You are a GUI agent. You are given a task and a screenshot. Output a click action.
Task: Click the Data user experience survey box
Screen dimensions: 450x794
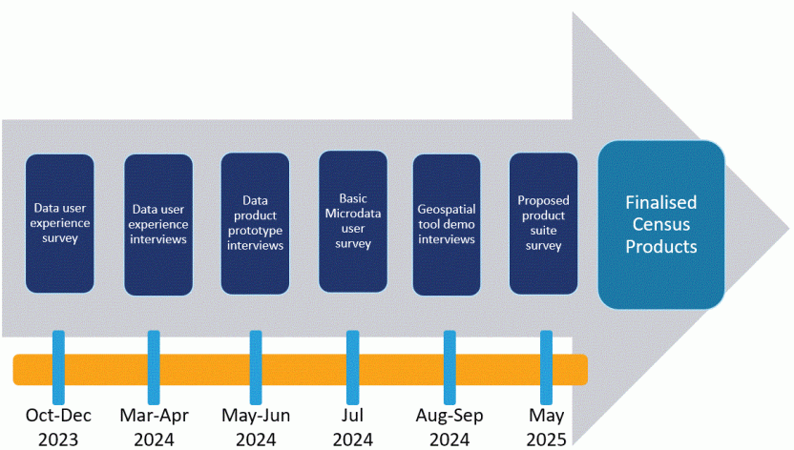pos(59,224)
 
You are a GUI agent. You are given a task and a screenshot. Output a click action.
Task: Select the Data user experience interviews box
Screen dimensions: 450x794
pos(158,224)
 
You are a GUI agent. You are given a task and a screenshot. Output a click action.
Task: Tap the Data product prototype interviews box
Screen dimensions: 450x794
pos(255,224)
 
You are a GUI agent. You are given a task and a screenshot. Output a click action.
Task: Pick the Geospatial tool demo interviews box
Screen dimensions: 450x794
pos(447,224)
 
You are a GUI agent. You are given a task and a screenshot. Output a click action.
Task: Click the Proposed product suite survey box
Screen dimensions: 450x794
pos(544,224)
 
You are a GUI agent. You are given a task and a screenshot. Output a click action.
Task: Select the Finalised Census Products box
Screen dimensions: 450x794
pos(661,225)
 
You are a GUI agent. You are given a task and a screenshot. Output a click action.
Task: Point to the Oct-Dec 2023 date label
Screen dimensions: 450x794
pos(58,427)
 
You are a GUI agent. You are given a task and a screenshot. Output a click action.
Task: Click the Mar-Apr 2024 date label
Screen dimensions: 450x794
pos(155,427)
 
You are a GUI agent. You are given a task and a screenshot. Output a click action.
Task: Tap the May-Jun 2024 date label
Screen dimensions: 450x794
pos(256,427)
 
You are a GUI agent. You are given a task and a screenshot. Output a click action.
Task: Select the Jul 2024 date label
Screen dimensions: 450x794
pos(353,427)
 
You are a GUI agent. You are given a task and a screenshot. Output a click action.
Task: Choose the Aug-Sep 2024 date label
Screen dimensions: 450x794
pos(449,427)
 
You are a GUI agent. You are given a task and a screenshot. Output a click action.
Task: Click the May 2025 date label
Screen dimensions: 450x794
pos(546,427)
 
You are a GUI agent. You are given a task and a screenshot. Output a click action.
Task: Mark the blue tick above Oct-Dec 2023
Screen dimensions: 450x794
pos(58,367)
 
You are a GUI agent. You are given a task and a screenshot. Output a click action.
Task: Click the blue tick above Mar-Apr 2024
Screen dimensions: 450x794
pos(155,367)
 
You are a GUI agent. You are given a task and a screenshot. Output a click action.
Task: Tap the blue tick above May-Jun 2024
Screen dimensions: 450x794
pos(256,367)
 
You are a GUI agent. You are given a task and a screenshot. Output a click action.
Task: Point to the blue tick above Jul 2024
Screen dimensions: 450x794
pos(353,367)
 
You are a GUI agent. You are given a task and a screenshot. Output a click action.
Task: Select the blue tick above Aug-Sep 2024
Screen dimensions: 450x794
pos(449,367)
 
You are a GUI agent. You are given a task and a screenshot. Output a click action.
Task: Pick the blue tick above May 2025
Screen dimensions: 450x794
pos(546,367)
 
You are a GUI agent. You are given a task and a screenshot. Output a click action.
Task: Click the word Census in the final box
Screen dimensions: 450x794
pos(661,225)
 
